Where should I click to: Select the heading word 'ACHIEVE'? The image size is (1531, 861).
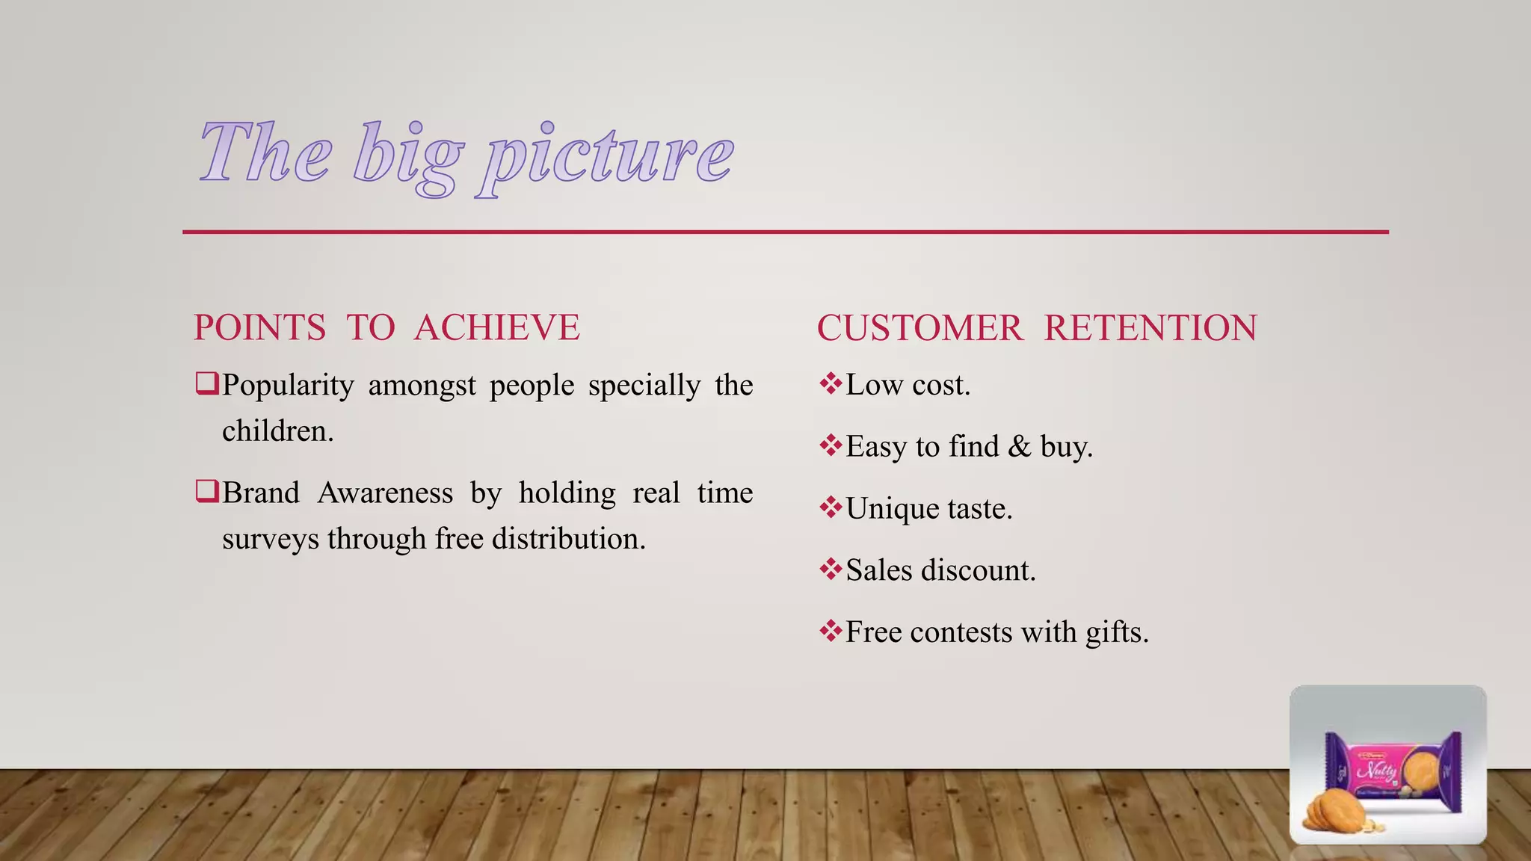click(x=497, y=328)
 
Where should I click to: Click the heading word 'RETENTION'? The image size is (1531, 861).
click(x=1150, y=328)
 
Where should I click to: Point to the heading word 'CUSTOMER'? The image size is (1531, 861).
click(x=919, y=328)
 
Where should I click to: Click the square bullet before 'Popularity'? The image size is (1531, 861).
click(x=206, y=384)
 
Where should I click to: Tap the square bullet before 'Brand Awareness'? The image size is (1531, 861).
click(x=206, y=492)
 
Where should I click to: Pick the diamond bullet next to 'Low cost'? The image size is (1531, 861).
click(x=831, y=384)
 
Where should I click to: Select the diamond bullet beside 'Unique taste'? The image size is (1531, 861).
click(x=831, y=508)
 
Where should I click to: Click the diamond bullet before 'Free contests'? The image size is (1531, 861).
click(x=831, y=632)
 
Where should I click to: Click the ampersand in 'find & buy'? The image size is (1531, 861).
click(x=1019, y=447)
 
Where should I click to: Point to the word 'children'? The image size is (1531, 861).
click(x=277, y=431)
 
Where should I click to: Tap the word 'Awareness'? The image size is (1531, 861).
click(x=385, y=493)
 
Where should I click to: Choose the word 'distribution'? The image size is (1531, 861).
click(x=568, y=539)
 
